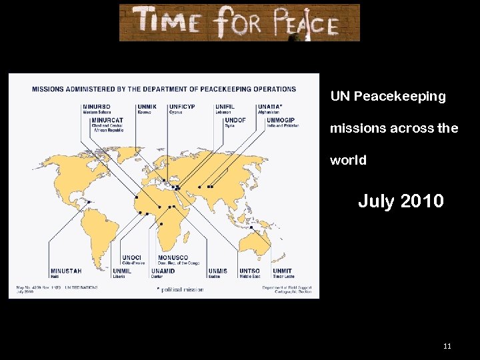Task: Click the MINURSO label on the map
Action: [97, 107]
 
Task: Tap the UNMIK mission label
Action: [147, 107]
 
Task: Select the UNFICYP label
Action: [182, 107]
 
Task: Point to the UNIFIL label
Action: [225, 107]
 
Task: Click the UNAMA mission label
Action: [269, 107]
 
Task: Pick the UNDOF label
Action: [235, 120]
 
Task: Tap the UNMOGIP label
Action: [281, 120]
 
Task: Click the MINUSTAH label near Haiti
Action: [66, 271]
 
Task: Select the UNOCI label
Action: [131, 258]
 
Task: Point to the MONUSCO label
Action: [173, 258]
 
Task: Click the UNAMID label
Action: [163, 271]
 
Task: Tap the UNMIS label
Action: [217, 271]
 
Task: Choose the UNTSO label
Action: [249, 271]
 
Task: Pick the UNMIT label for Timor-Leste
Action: [282, 271]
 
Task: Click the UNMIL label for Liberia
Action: [122, 271]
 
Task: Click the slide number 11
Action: [447, 346]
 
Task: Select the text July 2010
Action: [401, 201]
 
